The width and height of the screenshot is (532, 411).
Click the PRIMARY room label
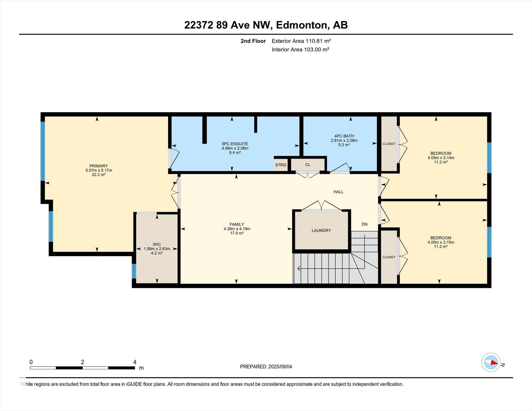point(98,166)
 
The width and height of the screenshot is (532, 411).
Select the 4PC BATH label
point(344,136)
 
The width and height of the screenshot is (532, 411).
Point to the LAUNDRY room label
point(321,231)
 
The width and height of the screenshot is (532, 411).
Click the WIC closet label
point(157,244)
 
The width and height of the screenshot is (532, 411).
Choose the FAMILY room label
point(237,224)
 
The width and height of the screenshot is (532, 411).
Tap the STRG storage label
point(281,165)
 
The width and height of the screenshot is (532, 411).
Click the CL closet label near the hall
point(308,165)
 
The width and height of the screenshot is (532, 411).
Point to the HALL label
point(338,192)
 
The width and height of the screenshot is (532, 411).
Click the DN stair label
point(364,224)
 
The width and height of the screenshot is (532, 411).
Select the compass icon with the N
point(491,362)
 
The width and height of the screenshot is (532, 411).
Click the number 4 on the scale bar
point(135,362)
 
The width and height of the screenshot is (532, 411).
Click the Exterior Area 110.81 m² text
point(301,41)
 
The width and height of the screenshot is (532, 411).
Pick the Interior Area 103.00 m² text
point(300,49)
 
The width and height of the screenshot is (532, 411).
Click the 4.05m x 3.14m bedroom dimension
point(441,158)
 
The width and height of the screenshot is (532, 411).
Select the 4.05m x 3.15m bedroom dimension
point(441,242)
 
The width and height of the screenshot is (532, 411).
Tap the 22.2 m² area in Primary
point(99,175)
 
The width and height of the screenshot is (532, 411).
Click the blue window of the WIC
point(134,271)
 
